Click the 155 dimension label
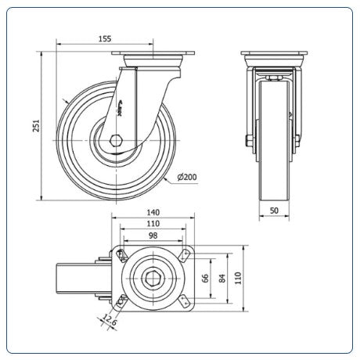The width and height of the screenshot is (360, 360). click(105, 38)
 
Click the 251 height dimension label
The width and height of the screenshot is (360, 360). click(37, 125)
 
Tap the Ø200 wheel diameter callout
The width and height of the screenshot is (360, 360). click(187, 177)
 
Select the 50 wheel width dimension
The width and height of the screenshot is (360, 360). click(274, 211)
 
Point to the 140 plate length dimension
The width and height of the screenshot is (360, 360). click(153, 212)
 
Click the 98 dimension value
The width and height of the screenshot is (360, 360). click(153, 236)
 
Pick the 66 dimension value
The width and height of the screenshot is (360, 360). click(205, 278)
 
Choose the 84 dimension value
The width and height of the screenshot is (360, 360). click(222, 278)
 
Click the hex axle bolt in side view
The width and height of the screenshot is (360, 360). click(116, 141)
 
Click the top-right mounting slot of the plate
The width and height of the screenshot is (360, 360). click(185, 256)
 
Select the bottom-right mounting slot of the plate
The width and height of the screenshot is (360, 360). click(185, 301)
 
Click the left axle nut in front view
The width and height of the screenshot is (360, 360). click(248, 141)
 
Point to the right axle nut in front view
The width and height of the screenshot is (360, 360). click(297, 141)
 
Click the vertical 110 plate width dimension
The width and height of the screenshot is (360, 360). click(238, 278)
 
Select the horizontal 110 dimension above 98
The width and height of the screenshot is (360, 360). click(153, 224)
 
